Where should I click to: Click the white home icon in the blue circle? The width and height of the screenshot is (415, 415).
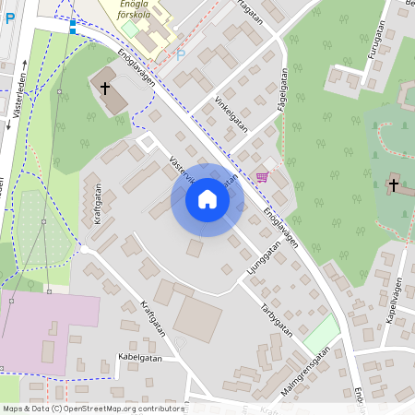point(207,199)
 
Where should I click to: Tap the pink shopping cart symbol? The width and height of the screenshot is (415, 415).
point(262,177)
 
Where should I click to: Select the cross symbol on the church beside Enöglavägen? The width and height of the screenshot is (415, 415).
point(104,89)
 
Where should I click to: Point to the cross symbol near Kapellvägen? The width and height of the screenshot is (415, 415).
point(394,184)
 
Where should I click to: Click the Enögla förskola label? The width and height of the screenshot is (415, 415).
point(130,11)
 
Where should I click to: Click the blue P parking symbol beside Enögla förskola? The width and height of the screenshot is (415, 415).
point(181,54)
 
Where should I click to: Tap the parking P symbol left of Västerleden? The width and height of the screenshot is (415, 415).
point(9,18)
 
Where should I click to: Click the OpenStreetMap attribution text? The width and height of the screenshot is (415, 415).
point(92,409)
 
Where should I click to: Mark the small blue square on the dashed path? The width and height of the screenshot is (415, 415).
point(73,31)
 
